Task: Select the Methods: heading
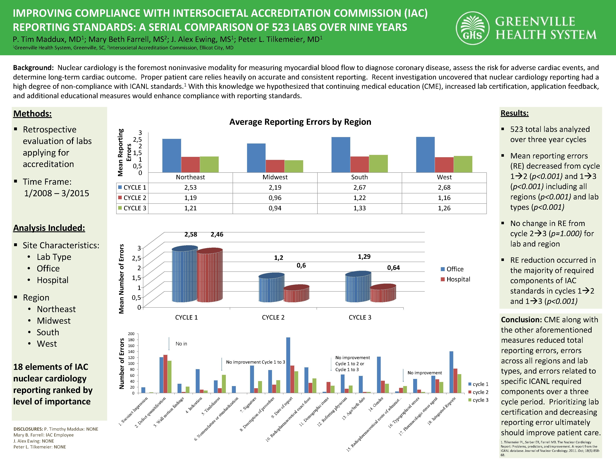tap(32, 114)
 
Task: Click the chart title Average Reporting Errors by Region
tap(300, 122)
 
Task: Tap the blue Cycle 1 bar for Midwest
tap(256, 158)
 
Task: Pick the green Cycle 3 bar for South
tap(378, 163)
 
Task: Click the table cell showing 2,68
tap(444, 187)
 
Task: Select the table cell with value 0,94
tap(275, 208)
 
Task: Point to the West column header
tap(444, 177)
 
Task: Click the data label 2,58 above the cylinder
tap(191, 235)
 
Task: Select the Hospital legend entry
tap(458, 279)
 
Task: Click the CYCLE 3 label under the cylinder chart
tap(360, 317)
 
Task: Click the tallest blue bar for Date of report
tap(288, 365)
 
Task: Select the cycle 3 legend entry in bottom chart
tap(480, 400)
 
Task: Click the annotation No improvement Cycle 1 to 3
tap(255, 362)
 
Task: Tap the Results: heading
tap(514, 113)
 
